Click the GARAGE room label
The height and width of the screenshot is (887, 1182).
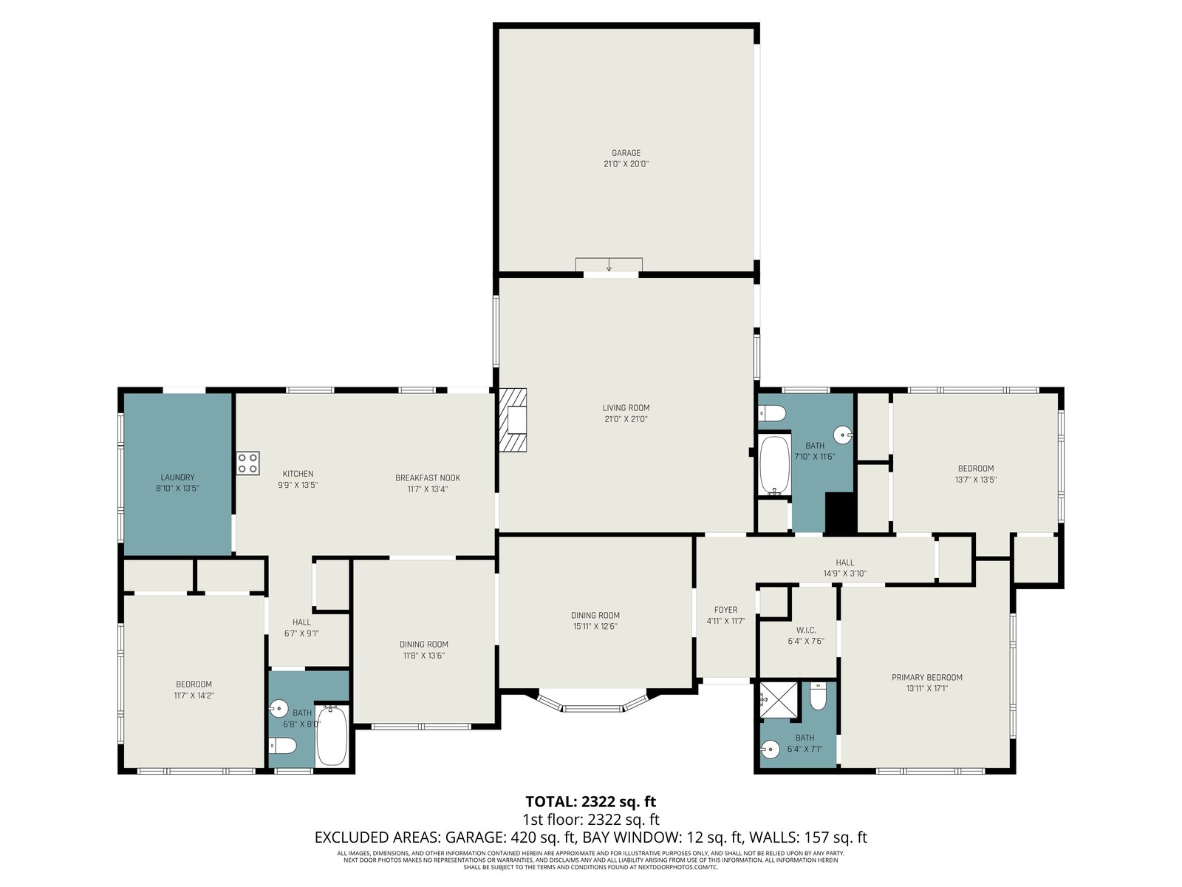(x=626, y=153)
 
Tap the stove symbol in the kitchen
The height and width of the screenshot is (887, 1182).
(x=247, y=463)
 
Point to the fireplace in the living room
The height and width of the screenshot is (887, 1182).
(x=513, y=420)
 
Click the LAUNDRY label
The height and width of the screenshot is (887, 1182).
(x=178, y=478)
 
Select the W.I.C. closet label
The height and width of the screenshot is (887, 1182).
(x=806, y=630)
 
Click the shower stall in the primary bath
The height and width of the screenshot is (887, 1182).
(x=779, y=700)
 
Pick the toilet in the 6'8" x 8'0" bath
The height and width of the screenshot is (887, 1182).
(x=283, y=746)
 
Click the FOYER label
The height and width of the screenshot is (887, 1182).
(x=726, y=610)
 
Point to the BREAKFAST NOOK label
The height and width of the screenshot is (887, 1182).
(x=428, y=478)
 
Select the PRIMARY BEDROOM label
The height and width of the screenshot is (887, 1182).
(x=926, y=677)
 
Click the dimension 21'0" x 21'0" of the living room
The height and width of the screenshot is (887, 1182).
(x=626, y=418)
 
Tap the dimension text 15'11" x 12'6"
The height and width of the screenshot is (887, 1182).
(x=595, y=626)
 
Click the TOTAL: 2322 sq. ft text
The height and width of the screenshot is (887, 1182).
(x=591, y=802)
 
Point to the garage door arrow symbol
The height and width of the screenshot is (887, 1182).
(x=609, y=265)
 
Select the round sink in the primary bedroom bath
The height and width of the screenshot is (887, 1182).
(x=771, y=749)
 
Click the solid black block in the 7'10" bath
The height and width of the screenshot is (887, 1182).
(x=841, y=514)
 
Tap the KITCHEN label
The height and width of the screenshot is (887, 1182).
(x=298, y=473)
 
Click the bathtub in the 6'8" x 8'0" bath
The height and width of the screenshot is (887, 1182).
(x=332, y=735)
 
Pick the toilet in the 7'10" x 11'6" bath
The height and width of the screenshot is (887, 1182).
(x=772, y=414)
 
